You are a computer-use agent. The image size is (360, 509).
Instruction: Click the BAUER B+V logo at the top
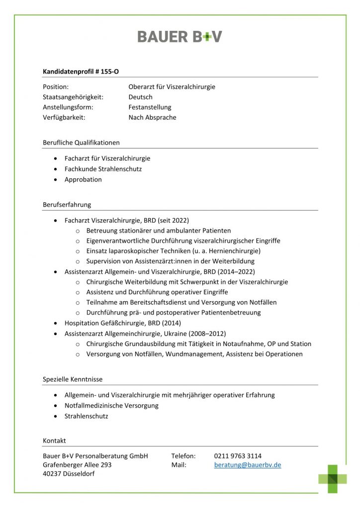coord(180,36)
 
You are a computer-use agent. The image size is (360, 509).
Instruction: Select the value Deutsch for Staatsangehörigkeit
coord(140,97)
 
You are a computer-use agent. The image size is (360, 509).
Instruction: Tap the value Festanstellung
coord(150,107)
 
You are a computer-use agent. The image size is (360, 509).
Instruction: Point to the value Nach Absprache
coord(152,117)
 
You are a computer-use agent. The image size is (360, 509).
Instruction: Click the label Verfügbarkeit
coord(64,117)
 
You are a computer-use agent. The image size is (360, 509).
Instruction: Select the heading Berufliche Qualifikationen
coord(81,143)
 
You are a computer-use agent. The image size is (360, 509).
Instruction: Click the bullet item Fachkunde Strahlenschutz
coord(103,169)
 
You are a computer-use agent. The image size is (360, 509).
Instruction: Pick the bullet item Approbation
coord(83,179)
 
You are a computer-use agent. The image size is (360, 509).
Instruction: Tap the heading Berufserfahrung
coord(67,204)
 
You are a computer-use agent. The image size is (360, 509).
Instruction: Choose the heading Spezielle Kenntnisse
coord(73,379)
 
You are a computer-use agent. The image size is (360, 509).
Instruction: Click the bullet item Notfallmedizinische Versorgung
coord(111,406)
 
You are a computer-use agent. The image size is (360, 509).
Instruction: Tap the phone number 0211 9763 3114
coord(238,456)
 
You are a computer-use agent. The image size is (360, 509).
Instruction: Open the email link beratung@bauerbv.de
coord(248,465)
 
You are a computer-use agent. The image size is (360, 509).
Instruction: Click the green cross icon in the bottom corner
coord(333,478)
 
